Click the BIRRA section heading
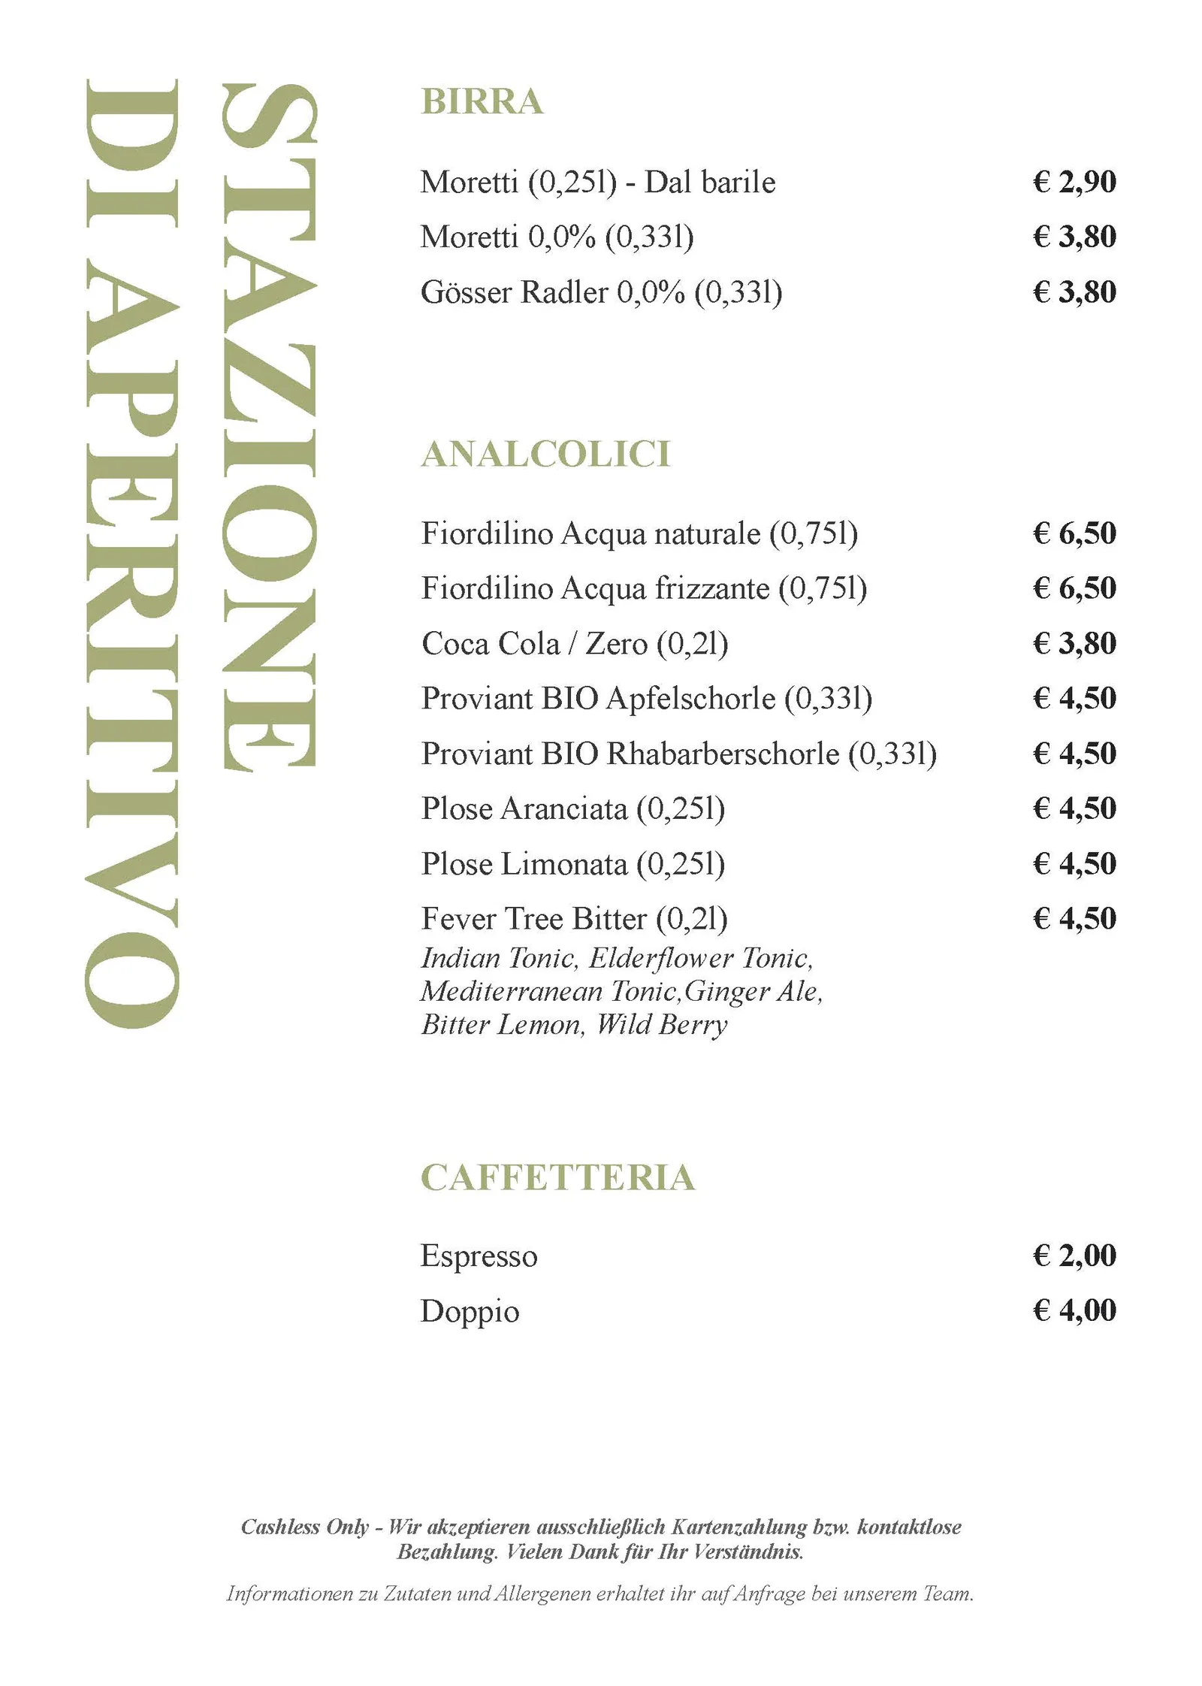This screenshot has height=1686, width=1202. click(482, 101)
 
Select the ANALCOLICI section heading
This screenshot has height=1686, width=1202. click(545, 454)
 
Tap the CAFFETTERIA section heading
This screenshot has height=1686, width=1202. click(557, 1177)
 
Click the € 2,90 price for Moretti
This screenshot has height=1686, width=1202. click(1074, 182)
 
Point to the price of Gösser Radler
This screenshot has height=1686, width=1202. click(1074, 292)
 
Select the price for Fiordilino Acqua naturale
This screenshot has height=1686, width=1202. click(1074, 533)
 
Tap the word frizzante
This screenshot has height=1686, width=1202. click(712, 588)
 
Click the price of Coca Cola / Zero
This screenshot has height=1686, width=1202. click(1074, 643)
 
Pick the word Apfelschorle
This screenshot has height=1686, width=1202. click(690, 699)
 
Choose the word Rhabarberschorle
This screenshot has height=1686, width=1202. click(723, 754)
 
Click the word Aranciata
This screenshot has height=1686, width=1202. click(563, 809)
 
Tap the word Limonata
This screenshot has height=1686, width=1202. click(563, 864)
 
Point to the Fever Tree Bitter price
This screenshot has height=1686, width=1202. click(1074, 918)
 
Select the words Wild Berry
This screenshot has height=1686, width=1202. click(662, 1025)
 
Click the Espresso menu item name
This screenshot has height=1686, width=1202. click(479, 1256)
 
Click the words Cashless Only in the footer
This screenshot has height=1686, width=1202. click(304, 1527)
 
